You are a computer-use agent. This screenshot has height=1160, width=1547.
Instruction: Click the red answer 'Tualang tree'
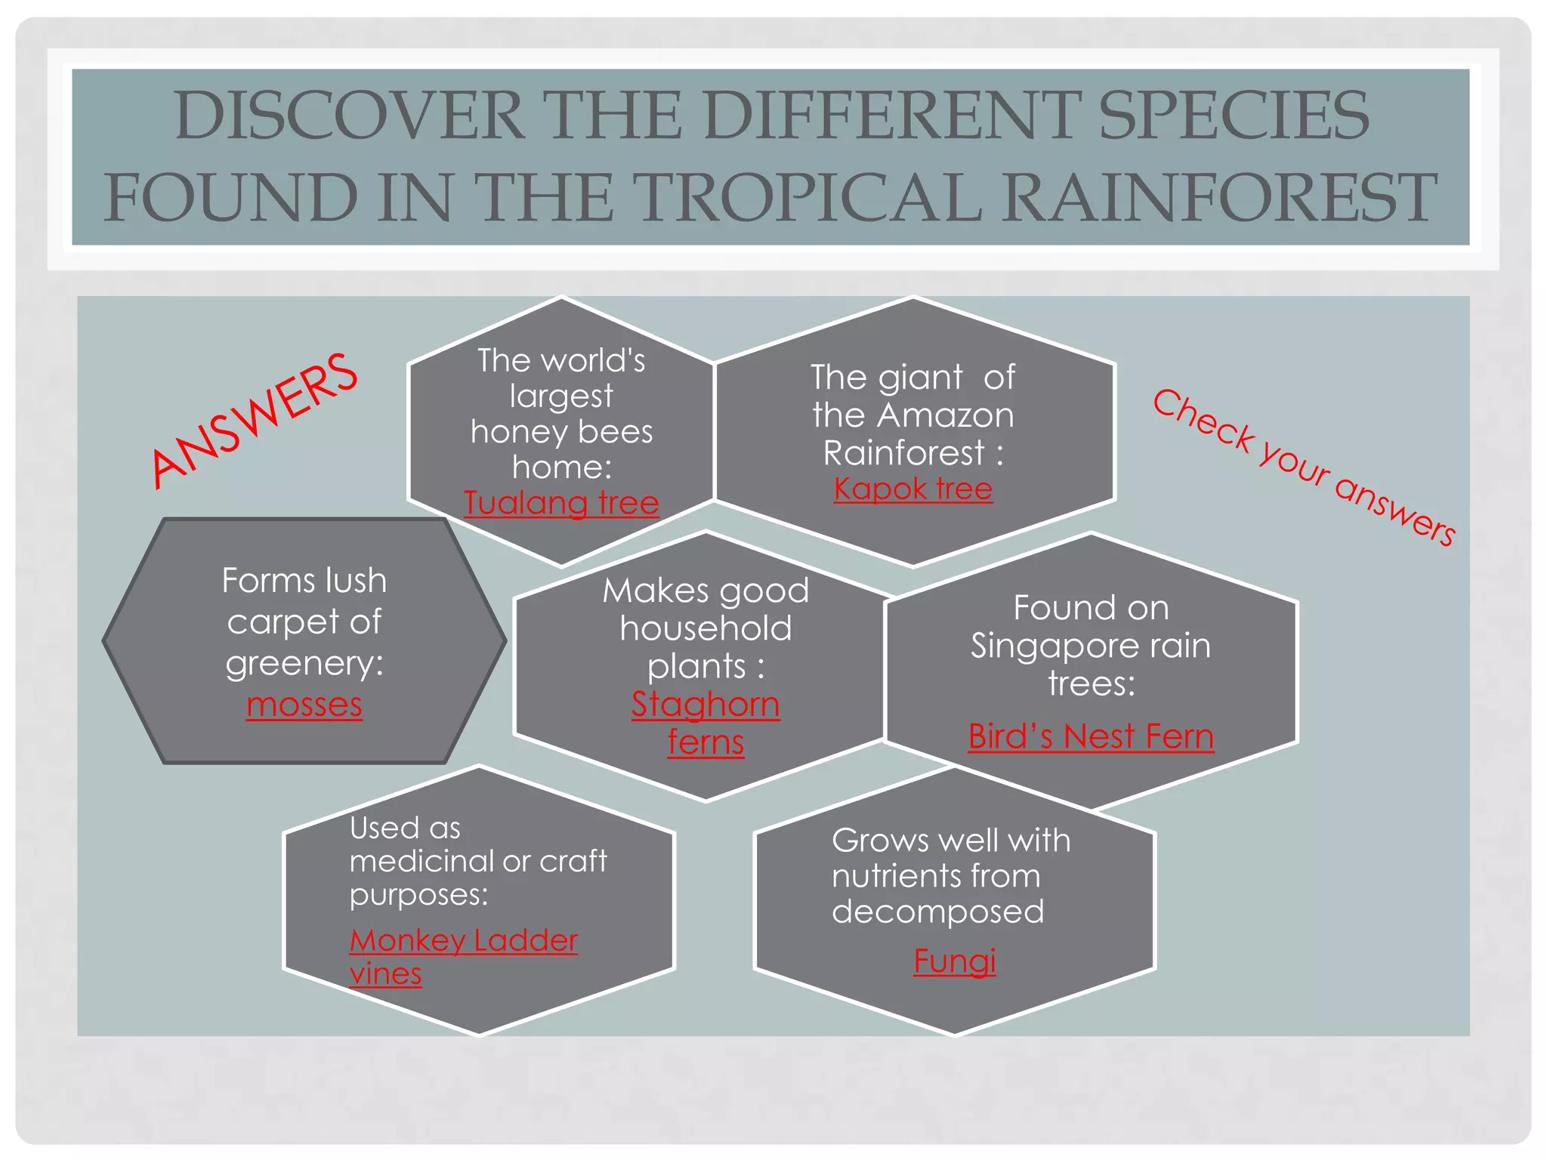coord(561,503)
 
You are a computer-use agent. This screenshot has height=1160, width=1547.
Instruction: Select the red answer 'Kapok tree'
coord(912,489)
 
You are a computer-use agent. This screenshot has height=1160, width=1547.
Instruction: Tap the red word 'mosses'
coord(304,705)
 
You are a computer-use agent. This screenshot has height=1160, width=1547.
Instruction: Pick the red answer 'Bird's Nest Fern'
coord(1091,736)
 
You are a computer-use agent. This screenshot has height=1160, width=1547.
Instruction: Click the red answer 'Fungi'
coord(955,961)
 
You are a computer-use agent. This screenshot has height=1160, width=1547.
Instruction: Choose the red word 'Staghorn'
coord(706,704)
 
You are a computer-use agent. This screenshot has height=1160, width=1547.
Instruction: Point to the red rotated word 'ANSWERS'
coord(255,420)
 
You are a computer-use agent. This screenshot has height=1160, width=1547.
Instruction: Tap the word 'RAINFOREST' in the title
coord(1219,197)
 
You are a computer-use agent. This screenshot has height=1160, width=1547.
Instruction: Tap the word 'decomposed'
coord(938,912)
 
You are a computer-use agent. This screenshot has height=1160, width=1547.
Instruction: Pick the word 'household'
coord(706,628)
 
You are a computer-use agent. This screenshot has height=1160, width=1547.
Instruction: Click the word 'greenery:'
coord(304,663)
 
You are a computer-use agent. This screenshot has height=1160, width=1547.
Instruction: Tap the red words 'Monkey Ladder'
coord(464,940)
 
